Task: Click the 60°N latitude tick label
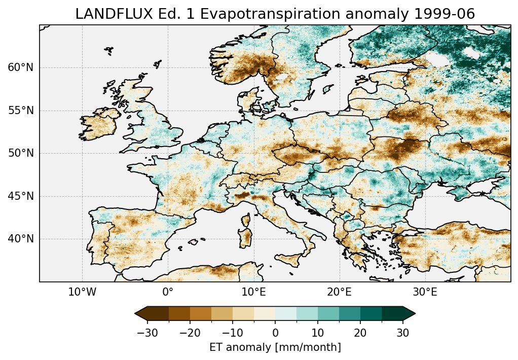click(21, 67)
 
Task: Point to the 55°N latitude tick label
click(21, 111)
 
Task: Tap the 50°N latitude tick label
click(21, 153)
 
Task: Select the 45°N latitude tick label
click(21, 196)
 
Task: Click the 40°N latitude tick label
click(21, 239)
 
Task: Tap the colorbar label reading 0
click(275, 333)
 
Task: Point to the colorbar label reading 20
click(360, 333)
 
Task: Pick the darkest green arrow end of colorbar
click(409, 314)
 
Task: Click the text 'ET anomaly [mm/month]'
click(275, 347)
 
